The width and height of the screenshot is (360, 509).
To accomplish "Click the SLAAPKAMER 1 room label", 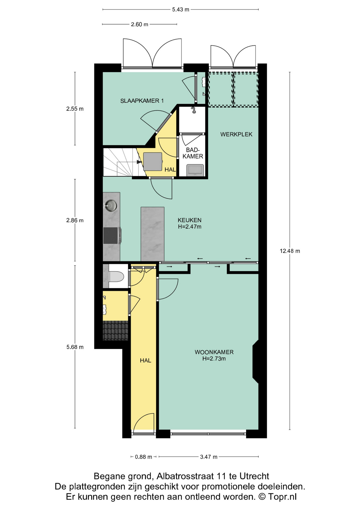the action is [x=142, y=101].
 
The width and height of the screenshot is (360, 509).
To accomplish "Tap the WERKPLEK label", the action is [x=236, y=134].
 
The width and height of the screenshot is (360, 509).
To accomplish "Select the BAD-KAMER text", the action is [x=193, y=153].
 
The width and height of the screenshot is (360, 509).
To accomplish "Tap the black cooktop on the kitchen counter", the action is [x=111, y=235].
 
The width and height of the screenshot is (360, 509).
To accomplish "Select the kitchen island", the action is [x=152, y=234].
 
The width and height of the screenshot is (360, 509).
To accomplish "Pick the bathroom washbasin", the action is [x=195, y=170].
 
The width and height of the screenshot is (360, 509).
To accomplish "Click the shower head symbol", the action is [x=194, y=110].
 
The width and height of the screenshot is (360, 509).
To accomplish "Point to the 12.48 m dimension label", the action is [x=290, y=251].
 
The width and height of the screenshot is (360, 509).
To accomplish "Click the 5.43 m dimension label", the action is [x=181, y=10].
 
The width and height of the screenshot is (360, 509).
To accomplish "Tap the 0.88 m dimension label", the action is [x=143, y=457].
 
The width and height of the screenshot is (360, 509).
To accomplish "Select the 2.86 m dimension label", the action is [x=75, y=220].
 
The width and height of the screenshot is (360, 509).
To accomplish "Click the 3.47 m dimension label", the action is [x=209, y=457].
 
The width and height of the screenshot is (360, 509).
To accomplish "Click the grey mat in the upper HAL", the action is [x=153, y=161].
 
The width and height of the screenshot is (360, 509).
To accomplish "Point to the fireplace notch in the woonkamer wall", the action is [x=255, y=362].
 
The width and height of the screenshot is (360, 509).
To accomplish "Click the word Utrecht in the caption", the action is [x=254, y=476].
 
